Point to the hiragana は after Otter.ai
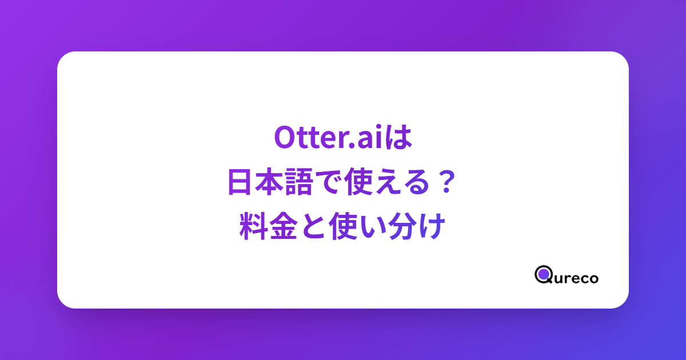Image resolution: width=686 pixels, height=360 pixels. [398, 138]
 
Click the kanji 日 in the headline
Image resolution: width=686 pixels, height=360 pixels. [239, 182]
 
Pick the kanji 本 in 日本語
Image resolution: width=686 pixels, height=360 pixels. [269, 182]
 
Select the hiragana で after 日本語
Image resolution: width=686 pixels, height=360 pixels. [328, 182]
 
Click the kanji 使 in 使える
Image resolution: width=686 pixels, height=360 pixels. [358, 182]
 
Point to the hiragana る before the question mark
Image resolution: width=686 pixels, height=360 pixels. [417, 182]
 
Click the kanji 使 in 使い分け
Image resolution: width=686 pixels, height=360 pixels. [342, 226]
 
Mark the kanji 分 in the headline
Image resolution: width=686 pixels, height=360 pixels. [402, 226]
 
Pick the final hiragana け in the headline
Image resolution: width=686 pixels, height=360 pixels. [432, 226]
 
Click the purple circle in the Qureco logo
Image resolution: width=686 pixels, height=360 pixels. [544, 274]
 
